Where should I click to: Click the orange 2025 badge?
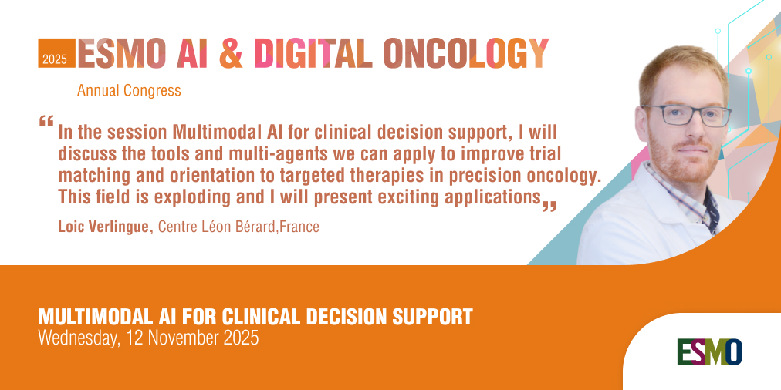click(x=56, y=53)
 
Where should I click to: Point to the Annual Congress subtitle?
click(x=129, y=90)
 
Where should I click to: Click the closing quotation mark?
click(x=549, y=207)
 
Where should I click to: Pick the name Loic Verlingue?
click(x=105, y=227)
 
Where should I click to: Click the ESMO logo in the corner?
click(x=709, y=351)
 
